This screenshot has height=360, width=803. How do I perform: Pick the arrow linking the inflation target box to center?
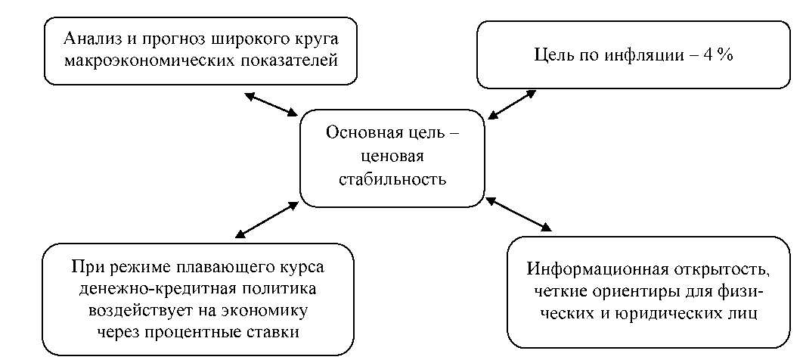point(512,104)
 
